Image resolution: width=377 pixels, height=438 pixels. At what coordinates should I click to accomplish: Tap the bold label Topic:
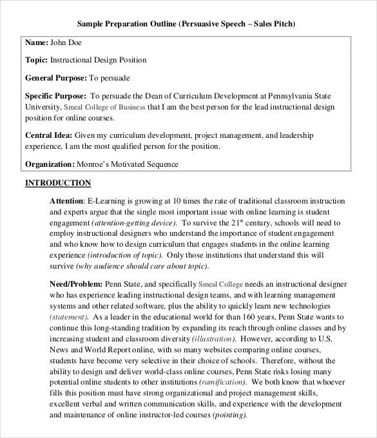pos(36,60)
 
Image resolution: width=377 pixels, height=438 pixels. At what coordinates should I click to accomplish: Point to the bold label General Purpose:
pos(55,78)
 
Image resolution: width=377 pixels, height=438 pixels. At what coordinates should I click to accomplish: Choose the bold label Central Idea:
pos(48,136)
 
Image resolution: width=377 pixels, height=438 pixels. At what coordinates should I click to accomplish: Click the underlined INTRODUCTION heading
pos(58,183)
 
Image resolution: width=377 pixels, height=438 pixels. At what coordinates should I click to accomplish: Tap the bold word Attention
pos(66,201)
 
